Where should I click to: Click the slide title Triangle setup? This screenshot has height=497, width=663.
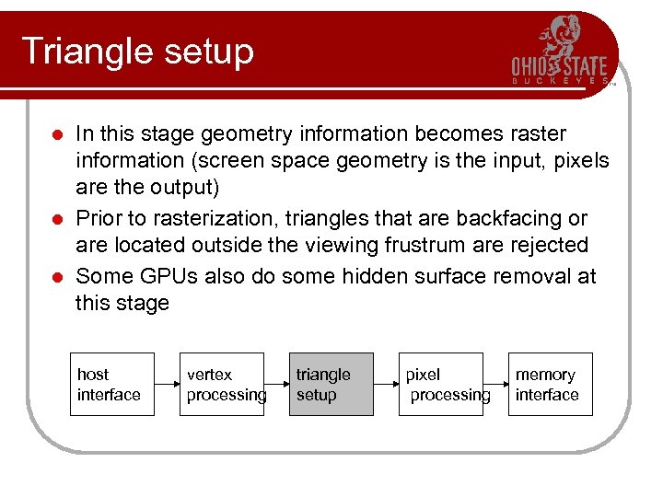point(137,52)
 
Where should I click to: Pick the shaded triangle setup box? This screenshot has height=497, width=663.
point(331,384)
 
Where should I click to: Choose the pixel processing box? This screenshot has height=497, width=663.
point(440,384)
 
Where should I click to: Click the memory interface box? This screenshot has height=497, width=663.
point(550,384)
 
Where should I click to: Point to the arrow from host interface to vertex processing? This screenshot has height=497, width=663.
point(167,384)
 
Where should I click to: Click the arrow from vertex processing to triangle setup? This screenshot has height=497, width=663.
point(276,384)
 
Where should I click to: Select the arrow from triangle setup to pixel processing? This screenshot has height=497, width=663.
point(386,384)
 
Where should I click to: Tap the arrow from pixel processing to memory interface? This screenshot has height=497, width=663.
point(495,384)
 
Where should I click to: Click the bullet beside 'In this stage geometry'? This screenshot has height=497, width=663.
point(56,135)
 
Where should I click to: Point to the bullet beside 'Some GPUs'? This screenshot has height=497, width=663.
point(56,277)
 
